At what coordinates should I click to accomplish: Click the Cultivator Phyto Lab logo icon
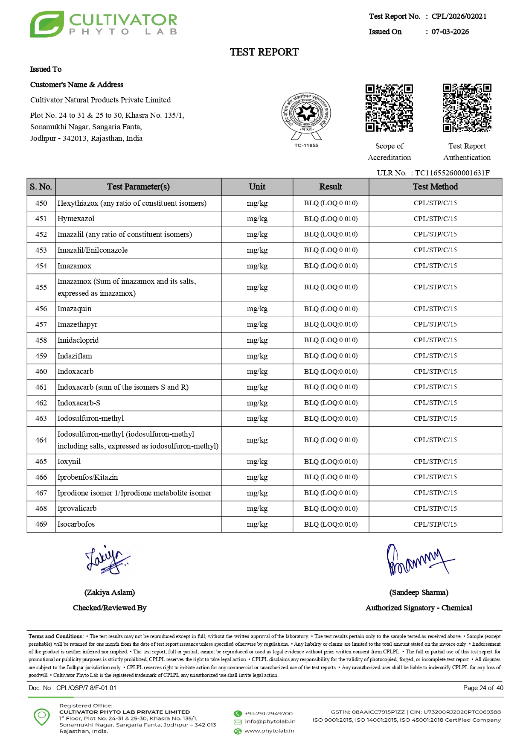tap(47, 24)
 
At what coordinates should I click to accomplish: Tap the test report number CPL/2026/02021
tap(459, 16)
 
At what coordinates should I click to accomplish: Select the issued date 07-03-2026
tap(450, 32)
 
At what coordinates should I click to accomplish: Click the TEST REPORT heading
tap(264, 52)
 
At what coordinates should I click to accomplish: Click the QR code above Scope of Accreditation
tap(389, 108)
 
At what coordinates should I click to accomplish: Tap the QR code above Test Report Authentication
tap(467, 108)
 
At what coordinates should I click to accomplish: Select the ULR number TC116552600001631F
tap(452, 173)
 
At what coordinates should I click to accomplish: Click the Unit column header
tap(257, 187)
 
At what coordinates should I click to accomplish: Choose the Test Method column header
tap(435, 187)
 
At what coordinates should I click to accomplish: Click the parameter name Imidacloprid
tap(78, 340)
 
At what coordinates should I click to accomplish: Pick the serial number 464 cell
tap(41, 440)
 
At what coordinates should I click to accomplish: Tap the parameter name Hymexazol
tap(76, 219)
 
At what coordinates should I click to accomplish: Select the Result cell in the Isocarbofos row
tap(331, 525)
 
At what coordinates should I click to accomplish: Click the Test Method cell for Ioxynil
tap(435, 461)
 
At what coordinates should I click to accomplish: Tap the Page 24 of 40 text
tap(483, 688)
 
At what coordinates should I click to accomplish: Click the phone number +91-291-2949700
tap(268, 714)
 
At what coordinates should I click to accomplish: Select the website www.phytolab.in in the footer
tap(269, 731)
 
